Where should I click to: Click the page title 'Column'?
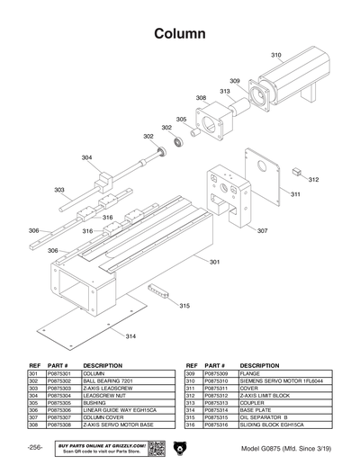coord(180,32)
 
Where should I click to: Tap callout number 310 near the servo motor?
coord(275,56)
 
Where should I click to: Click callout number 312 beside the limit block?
coord(313,180)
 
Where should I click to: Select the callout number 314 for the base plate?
coord(130,335)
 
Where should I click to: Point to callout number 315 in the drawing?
coord(184,307)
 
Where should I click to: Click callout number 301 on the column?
coord(214,262)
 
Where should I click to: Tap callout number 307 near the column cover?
coord(262,231)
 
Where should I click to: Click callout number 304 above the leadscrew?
coord(86,158)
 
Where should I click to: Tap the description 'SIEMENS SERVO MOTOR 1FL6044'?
coord(281,381)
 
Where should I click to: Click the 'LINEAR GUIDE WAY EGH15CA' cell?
coord(121,410)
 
